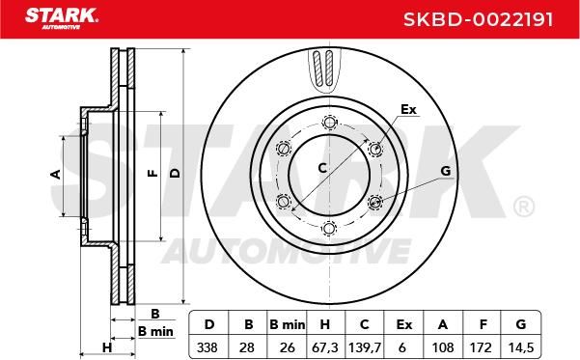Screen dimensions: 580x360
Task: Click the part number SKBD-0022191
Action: click(479, 19)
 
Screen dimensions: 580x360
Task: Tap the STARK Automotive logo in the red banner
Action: click(62, 18)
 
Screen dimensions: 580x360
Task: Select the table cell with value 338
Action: click(207, 347)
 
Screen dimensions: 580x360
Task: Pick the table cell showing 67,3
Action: click(325, 347)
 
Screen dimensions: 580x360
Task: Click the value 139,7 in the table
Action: click(365, 347)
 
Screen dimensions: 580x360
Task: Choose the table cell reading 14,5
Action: click(521, 347)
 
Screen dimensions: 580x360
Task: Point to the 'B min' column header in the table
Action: click(287, 324)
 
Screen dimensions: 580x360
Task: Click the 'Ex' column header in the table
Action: click(403, 324)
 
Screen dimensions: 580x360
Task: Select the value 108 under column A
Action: click(443, 347)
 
